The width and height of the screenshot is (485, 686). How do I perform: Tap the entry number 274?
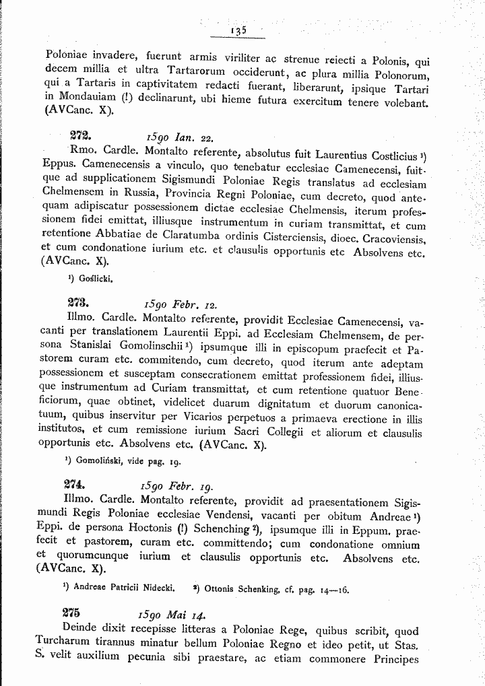click(x=79, y=483)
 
